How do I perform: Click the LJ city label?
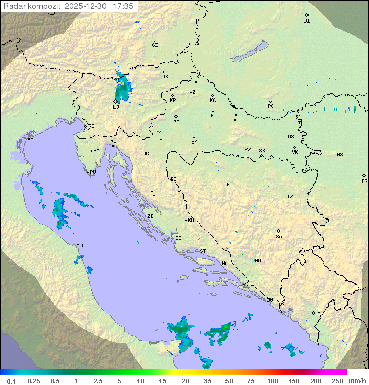click(x=116, y=107)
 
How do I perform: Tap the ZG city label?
click(x=176, y=123)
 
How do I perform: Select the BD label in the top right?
click(x=307, y=21)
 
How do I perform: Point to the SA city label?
click(x=279, y=236)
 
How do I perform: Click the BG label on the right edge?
click(x=364, y=181)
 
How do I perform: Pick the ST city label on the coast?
click(x=203, y=251)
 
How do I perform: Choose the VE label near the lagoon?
click(x=30, y=139)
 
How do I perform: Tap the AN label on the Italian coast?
click(x=79, y=246)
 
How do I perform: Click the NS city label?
click(x=340, y=155)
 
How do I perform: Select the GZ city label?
click(x=155, y=45)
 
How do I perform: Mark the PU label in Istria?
click(x=93, y=172)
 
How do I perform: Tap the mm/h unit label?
click(x=358, y=381)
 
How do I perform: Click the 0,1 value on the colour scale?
click(x=11, y=381)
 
